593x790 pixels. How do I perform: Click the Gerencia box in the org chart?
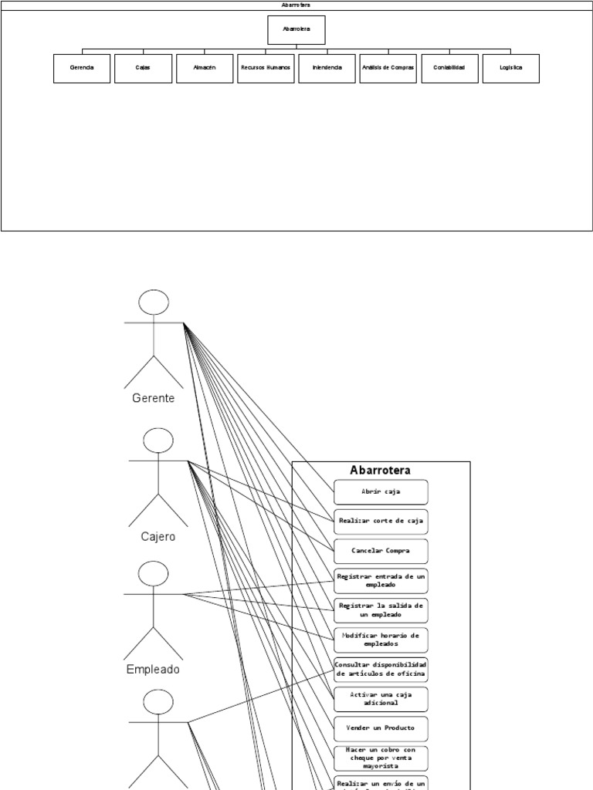tap(82, 68)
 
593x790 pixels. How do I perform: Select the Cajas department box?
tap(143, 68)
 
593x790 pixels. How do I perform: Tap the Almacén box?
tap(205, 68)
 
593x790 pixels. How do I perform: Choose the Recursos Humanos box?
tap(266, 68)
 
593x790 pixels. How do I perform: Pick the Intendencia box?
tap(327, 68)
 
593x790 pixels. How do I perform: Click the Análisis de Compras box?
tap(388, 68)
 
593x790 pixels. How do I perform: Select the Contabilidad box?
tap(449, 68)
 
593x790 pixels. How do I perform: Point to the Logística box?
tap(510, 68)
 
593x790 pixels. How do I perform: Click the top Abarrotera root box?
tap(296, 30)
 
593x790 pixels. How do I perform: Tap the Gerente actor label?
tap(154, 399)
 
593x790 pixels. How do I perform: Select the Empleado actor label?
tap(153, 670)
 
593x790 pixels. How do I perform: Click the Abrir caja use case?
tap(381, 491)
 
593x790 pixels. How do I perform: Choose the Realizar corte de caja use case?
tap(381, 521)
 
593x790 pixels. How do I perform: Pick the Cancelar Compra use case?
tap(381, 551)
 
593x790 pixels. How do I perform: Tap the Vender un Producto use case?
tap(381, 728)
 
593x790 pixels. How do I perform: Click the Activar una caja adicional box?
tap(381, 699)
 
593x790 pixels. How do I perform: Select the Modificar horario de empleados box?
tap(381, 640)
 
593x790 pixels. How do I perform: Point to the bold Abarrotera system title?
tap(380, 470)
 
